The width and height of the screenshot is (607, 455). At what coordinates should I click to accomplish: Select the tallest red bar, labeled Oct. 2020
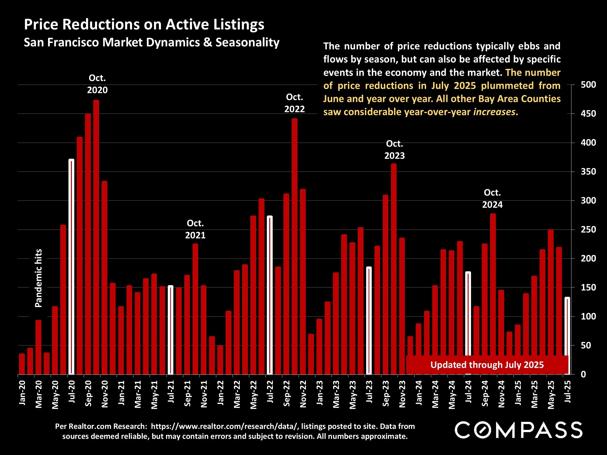pyautogui.click(x=96, y=237)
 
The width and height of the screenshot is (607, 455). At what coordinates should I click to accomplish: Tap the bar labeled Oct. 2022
pyautogui.click(x=295, y=247)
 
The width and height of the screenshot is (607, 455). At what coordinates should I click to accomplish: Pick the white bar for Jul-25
pyautogui.click(x=567, y=336)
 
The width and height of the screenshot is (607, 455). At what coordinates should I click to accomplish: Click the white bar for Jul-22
pyautogui.click(x=270, y=295)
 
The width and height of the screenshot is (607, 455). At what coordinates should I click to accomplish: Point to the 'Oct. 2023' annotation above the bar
pyautogui.click(x=394, y=149)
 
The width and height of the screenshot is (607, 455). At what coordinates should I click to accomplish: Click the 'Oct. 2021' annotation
pyautogui.click(x=195, y=229)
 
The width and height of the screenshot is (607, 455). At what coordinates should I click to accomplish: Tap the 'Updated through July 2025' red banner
pyautogui.click(x=487, y=365)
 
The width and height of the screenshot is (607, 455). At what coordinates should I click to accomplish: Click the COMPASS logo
pyautogui.click(x=519, y=430)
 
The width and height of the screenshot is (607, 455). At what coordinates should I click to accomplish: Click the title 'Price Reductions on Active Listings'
pyautogui.click(x=144, y=25)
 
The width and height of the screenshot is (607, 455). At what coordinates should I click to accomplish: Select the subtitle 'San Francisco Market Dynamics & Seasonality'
pyautogui.click(x=152, y=42)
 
